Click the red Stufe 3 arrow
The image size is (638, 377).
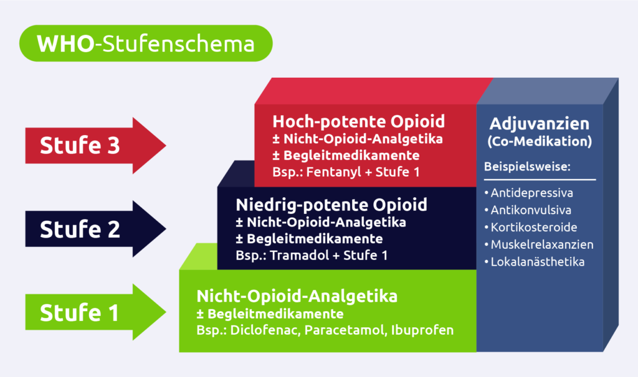pyautogui.click(x=93, y=146)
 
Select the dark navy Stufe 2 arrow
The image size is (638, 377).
pyautogui.click(x=93, y=230)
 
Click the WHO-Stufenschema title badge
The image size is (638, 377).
pyautogui.click(x=146, y=45)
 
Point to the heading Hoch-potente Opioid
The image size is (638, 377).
pyautogui.click(x=358, y=121)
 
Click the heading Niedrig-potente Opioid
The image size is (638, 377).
pyautogui.click(x=331, y=205)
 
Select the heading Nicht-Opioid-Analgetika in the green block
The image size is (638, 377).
pyautogui.click(x=297, y=296)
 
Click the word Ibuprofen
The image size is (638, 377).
pyautogui.click(x=422, y=330)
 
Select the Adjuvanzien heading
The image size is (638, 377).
pyautogui.click(x=540, y=123)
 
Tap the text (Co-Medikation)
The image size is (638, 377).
pyautogui.click(x=540, y=141)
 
